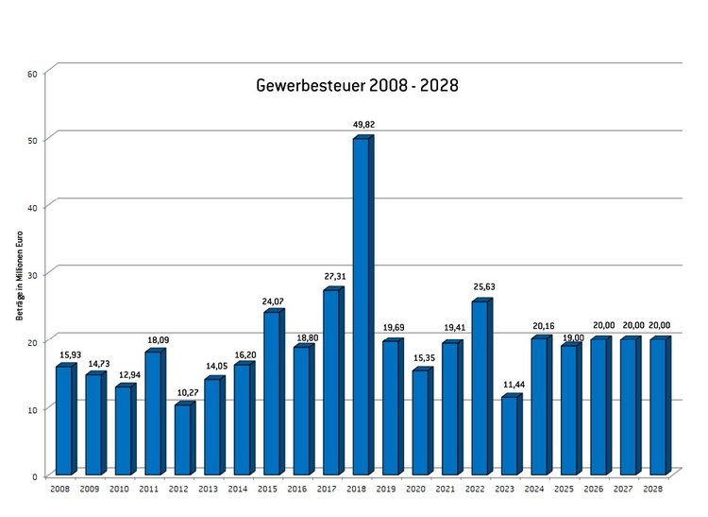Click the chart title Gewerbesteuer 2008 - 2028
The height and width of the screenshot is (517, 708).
(357, 86)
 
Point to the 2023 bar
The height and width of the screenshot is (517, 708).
(510, 435)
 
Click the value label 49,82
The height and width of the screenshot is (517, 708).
(363, 124)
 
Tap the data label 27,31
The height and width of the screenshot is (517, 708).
(333, 277)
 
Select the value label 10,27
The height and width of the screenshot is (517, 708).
(183, 392)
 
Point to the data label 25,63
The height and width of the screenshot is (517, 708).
(482, 287)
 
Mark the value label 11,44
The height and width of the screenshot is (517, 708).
(512, 384)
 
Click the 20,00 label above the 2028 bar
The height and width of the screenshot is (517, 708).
(660, 325)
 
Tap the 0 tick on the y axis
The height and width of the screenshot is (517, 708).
(34, 475)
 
